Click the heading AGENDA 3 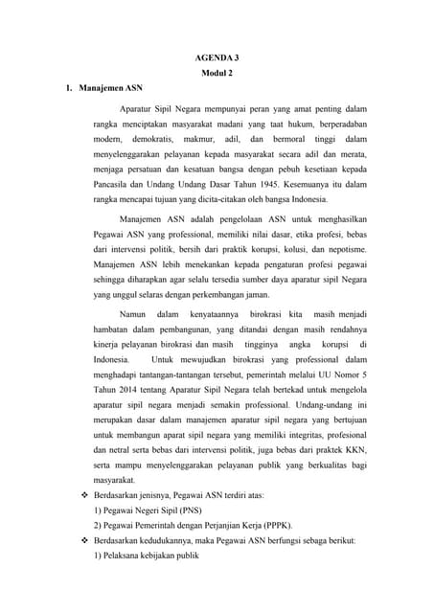(x=217, y=57)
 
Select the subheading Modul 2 (x=217, y=74)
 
